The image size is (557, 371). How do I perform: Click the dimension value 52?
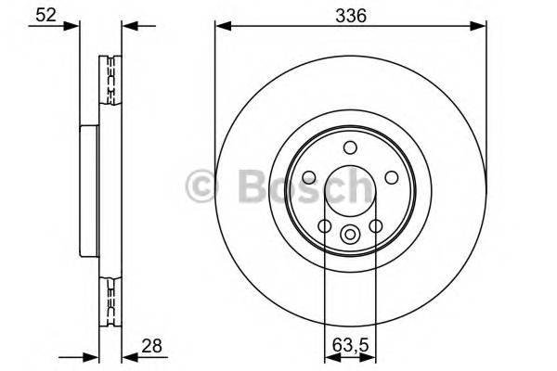42,15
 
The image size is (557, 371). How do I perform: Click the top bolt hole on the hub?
350,147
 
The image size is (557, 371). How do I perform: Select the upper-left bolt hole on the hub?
307,178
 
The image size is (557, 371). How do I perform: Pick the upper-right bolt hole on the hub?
392,178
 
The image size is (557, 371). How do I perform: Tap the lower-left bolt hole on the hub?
324,226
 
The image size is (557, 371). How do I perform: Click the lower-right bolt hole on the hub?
376,226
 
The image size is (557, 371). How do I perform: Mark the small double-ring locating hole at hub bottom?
350,235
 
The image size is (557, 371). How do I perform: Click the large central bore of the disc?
350,190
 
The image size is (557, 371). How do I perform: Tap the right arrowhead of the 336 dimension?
480,27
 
